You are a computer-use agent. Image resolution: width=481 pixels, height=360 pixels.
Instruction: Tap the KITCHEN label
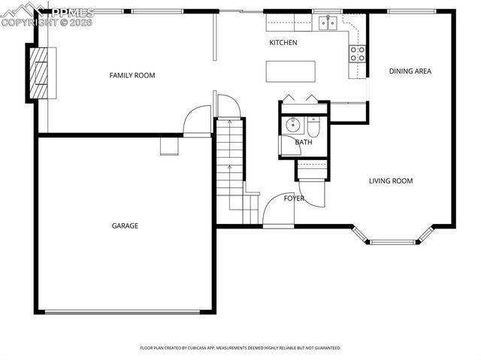(283, 43)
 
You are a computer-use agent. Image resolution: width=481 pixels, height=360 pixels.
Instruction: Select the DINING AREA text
(410, 71)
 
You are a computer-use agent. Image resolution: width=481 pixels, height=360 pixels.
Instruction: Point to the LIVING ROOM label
(390, 180)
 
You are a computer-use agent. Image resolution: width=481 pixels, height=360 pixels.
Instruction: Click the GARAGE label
(125, 225)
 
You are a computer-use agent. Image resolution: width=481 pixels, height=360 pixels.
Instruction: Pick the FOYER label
(294, 198)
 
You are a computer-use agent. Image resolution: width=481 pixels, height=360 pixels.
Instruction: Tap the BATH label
(304, 142)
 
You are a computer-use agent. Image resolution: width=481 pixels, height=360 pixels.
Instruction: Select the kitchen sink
(327, 24)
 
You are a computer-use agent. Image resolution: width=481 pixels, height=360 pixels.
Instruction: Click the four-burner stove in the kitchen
(358, 53)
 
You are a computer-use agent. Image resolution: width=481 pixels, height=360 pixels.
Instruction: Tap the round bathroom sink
(291, 124)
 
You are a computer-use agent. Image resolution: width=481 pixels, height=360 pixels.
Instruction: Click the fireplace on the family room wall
(41, 73)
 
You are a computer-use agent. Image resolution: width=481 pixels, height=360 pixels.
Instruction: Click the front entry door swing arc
(277, 211)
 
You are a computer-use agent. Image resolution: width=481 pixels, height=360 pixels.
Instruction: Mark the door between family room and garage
(198, 122)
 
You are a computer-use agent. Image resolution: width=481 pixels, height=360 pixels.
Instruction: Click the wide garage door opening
(124, 312)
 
